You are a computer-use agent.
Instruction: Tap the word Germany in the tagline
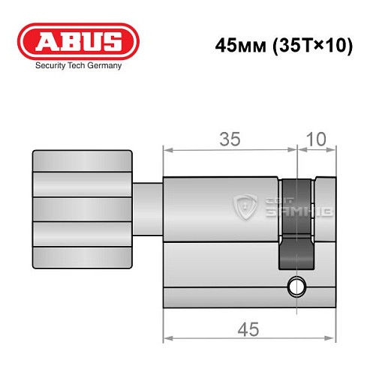(101, 66)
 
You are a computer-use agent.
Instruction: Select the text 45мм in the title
(235, 45)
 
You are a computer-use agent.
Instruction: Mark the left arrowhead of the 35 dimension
(167, 149)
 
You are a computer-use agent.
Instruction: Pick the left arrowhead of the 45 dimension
(167, 341)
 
